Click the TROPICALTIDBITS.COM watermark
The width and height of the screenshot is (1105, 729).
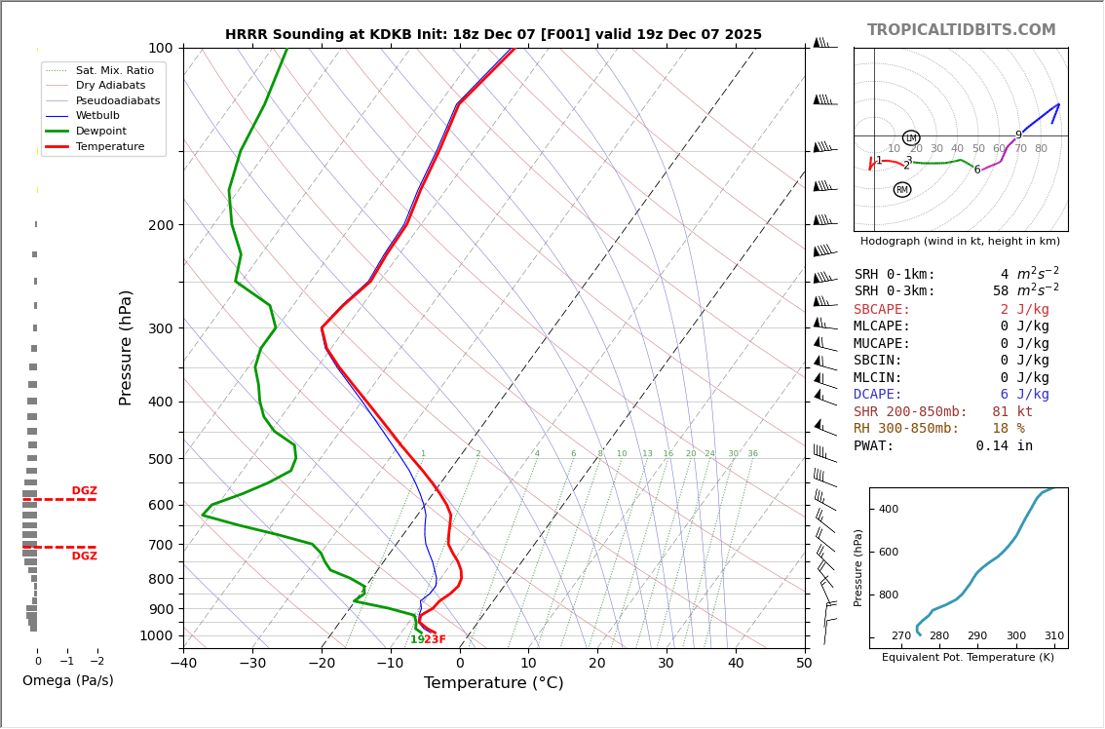point(961,30)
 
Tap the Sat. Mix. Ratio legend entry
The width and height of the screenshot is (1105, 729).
point(114,70)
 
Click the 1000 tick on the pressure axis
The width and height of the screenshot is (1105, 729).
point(156,635)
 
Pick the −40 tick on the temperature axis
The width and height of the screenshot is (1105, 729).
point(183,665)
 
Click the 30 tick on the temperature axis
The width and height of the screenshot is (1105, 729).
point(667,665)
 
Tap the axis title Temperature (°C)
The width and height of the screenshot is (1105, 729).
point(493,683)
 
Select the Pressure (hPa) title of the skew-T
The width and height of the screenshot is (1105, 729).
point(127,347)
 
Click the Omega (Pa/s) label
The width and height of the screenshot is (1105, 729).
point(67,680)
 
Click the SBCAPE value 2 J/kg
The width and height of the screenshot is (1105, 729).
point(1024,309)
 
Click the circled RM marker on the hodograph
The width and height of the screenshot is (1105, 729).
point(902,190)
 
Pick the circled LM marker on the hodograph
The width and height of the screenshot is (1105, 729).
point(911,138)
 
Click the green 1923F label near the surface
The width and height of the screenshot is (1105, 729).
point(428,639)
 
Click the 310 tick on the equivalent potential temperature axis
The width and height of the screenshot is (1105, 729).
point(1054,635)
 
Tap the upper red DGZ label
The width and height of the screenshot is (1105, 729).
point(84,491)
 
